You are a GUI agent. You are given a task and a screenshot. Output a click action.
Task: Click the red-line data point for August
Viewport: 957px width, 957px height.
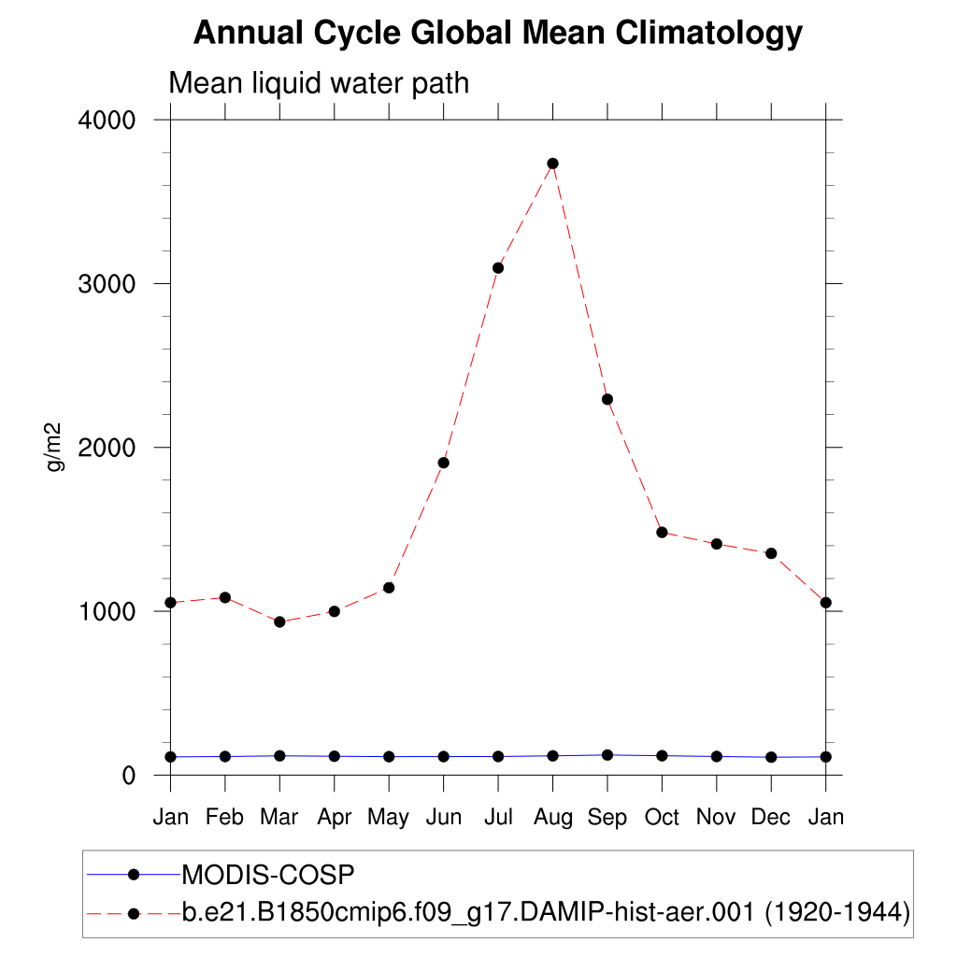click(552, 164)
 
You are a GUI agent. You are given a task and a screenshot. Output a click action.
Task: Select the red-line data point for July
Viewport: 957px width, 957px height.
click(498, 268)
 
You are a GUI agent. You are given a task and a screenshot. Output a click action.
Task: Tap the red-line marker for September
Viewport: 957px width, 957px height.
click(607, 399)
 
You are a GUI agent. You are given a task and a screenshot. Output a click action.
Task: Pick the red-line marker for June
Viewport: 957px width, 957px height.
click(444, 463)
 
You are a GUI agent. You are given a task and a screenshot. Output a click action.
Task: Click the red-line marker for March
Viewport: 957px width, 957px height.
click(279, 621)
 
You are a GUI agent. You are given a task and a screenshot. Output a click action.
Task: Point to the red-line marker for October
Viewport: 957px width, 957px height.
click(662, 532)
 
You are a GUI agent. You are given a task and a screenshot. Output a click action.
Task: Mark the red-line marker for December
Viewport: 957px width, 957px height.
click(771, 553)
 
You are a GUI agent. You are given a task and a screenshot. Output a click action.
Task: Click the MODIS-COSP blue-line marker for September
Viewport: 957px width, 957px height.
click(607, 755)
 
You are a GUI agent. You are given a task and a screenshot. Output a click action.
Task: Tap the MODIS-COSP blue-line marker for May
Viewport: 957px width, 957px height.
click(389, 756)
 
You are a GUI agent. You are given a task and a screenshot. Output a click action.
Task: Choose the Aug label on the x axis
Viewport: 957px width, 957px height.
click(552, 817)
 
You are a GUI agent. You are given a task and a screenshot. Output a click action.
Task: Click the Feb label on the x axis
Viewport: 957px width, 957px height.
click(224, 817)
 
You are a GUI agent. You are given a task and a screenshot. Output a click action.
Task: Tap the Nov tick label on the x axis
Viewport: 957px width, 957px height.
click(716, 817)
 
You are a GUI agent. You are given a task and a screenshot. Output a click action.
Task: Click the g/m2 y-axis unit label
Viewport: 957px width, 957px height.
click(55, 448)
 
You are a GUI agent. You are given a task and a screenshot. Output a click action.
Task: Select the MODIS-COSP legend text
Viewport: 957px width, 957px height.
click(268, 876)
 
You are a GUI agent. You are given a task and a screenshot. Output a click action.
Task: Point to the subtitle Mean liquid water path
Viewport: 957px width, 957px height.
click(319, 84)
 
